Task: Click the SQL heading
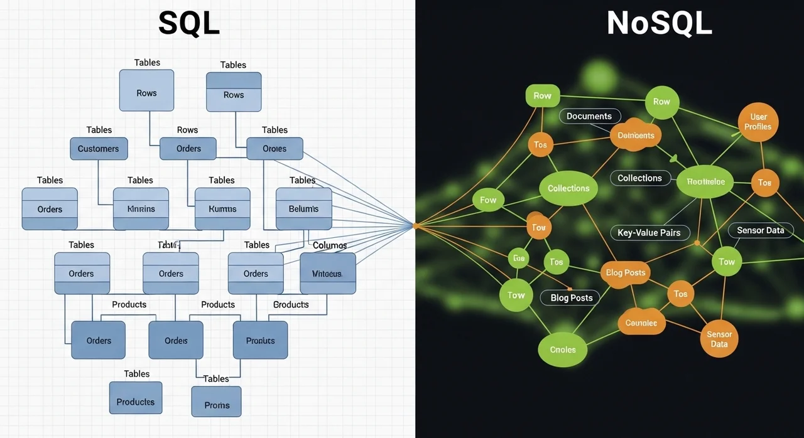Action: [x=189, y=24]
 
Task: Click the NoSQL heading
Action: [x=660, y=24]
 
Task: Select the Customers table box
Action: [x=99, y=149]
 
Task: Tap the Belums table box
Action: [x=304, y=208]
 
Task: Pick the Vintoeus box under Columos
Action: [x=327, y=274]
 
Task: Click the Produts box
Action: [x=260, y=340]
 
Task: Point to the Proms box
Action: [x=217, y=405]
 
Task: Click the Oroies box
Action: [x=274, y=149]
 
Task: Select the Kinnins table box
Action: [x=141, y=208]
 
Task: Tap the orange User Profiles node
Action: [x=758, y=122]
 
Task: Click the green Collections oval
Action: [x=568, y=188]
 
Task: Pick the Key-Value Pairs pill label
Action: [x=649, y=233]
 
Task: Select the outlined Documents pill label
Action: [x=589, y=116]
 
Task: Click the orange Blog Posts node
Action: [x=626, y=273]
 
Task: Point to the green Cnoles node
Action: [x=563, y=350]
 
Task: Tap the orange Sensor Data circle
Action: [x=719, y=339]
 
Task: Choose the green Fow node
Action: [x=488, y=200]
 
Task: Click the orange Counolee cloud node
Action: [x=641, y=323]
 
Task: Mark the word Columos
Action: [x=330, y=245]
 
